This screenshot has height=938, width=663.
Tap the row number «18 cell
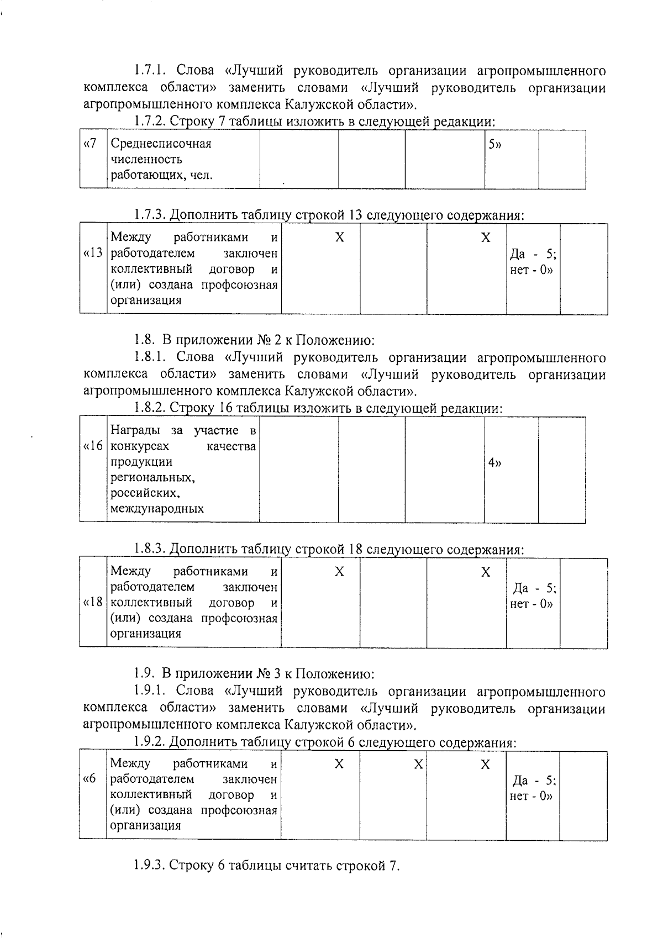93,603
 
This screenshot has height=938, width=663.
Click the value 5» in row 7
494,144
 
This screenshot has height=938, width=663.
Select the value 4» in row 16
494,463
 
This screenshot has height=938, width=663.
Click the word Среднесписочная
161,144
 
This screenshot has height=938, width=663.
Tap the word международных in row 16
157,509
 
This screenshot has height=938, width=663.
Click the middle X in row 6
418,764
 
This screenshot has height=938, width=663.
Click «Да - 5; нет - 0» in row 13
533,262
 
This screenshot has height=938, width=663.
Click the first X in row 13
340,238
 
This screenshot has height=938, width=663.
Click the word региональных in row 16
152,477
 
